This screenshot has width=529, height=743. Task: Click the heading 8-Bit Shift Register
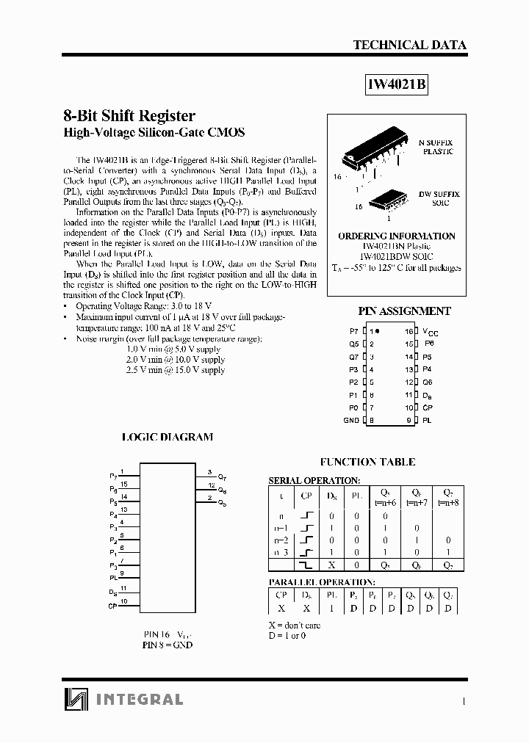pyautogui.click(x=129, y=116)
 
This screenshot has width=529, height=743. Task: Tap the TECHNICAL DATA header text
pyautogui.click(x=409, y=45)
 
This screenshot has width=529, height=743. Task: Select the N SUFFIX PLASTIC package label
pyautogui.click(x=436, y=146)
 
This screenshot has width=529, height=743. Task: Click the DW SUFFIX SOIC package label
pyautogui.click(x=439, y=198)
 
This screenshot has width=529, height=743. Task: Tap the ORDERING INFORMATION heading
pyautogui.click(x=397, y=236)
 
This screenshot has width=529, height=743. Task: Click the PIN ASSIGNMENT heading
pyautogui.click(x=404, y=311)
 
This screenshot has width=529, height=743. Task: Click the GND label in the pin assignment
pyautogui.click(x=351, y=421)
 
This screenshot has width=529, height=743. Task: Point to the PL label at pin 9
pyautogui.click(x=426, y=421)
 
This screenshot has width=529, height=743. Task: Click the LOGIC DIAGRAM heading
pyautogui.click(x=167, y=437)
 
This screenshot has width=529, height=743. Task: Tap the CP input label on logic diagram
pyautogui.click(x=112, y=606)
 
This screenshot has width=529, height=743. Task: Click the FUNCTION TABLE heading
pyautogui.click(x=367, y=462)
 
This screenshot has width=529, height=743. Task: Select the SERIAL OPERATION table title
pyautogui.click(x=314, y=480)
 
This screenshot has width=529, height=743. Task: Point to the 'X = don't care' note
pyautogui.click(x=295, y=626)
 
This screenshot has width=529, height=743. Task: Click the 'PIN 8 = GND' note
pyautogui.click(x=167, y=645)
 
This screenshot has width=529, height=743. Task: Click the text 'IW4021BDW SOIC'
pyautogui.click(x=397, y=257)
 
